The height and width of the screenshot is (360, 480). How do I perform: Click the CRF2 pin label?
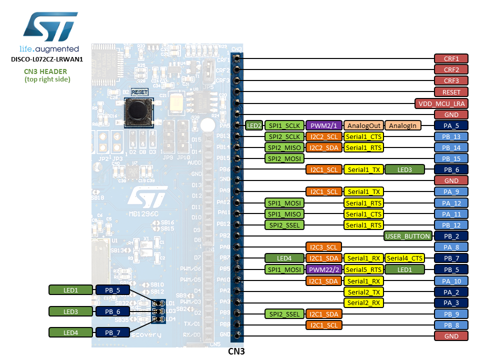(x=451, y=69)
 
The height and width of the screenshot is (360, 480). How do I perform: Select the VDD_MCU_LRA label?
(x=441, y=103)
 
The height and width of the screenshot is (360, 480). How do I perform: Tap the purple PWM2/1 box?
(x=323, y=125)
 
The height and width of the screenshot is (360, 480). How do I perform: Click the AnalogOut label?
(x=363, y=125)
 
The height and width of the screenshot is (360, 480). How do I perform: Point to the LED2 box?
(x=254, y=125)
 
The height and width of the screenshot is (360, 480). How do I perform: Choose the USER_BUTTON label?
(x=408, y=236)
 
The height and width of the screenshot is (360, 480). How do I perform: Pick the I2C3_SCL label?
(x=323, y=247)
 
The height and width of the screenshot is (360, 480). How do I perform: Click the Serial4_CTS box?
(x=404, y=258)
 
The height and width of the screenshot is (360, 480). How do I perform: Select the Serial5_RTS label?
(x=363, y=269)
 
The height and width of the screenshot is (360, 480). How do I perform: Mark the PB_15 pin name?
(x=451, y=158)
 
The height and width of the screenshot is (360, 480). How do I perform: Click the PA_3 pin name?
(x=451, y=302)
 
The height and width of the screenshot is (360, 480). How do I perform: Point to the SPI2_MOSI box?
(x=284, y=158)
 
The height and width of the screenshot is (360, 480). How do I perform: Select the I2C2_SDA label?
(x=323, y=147)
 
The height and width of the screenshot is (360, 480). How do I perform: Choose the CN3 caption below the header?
(x=236, y=351)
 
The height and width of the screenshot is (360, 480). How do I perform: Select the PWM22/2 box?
(x=323, y=269)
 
